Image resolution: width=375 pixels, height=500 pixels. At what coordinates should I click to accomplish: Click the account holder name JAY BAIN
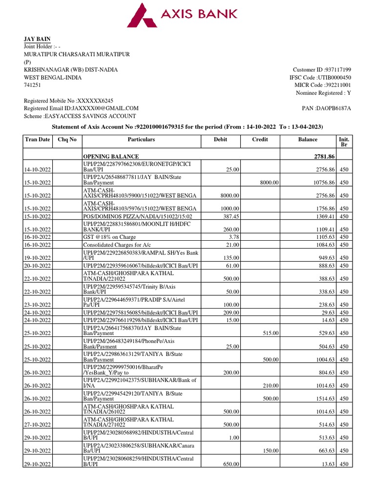(37, 39)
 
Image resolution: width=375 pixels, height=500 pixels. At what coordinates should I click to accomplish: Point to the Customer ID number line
(322, 70)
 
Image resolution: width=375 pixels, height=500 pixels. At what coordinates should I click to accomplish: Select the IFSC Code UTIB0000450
(320, 78)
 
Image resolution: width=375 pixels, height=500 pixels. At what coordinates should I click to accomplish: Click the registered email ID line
(81, 108)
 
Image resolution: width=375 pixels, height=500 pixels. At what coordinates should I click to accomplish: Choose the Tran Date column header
(38, 140)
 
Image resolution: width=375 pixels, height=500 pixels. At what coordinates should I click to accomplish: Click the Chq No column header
(67, 140)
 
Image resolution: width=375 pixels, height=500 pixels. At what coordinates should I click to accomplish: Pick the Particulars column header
(141, 140)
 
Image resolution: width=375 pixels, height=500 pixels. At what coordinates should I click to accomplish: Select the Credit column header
(260, 140)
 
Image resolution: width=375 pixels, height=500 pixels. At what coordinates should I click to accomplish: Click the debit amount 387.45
(230, 216)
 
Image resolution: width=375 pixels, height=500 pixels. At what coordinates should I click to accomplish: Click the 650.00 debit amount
(231, 464)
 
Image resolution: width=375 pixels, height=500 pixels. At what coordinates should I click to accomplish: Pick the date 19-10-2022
(38, 258)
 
